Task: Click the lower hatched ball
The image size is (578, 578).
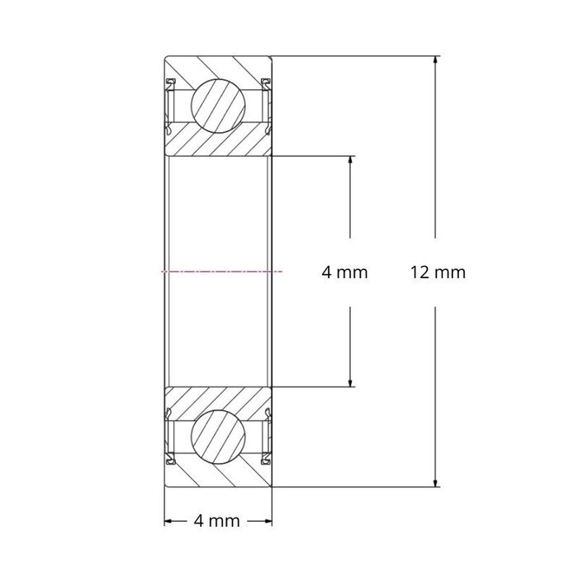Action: [x=220, y=434]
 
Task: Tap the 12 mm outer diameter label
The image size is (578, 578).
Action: [x=438, y=272]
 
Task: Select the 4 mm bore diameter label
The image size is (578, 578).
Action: [x=344, y=272]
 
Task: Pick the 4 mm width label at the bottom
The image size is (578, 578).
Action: [x=216, y=521]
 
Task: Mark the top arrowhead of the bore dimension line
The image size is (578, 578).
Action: [x=352, y=160]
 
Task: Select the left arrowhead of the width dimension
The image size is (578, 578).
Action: [x=169, y=521]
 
